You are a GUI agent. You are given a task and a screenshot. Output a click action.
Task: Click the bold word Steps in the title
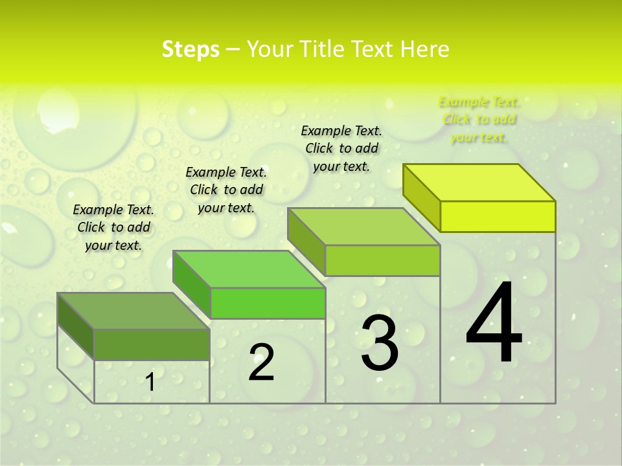click(190, 49)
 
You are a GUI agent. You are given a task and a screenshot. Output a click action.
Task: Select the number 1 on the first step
click(150, 383)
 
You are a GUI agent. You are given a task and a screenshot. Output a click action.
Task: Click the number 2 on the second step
click(261, 362)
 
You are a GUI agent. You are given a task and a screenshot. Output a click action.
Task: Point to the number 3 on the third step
click(379, 343)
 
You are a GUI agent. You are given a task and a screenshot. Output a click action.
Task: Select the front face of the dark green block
click(152, 344)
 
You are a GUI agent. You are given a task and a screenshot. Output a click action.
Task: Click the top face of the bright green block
click(249, 269)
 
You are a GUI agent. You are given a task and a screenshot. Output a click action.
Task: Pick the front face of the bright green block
click(268, 303)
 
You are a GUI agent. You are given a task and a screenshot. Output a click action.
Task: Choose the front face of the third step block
click(382, 260)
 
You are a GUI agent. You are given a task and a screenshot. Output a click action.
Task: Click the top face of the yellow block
click(479, 183)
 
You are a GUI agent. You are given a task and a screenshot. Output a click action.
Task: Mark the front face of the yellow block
click(498, 216)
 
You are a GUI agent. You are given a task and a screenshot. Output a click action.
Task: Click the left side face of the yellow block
click(421, 197)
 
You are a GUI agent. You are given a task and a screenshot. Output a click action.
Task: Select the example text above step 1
click(113, 227)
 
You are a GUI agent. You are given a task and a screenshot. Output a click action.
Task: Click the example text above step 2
click(226, 190)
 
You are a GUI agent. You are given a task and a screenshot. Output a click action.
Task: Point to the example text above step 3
click(341, 148)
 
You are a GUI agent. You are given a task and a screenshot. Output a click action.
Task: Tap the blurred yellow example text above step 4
click(479, 119)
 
